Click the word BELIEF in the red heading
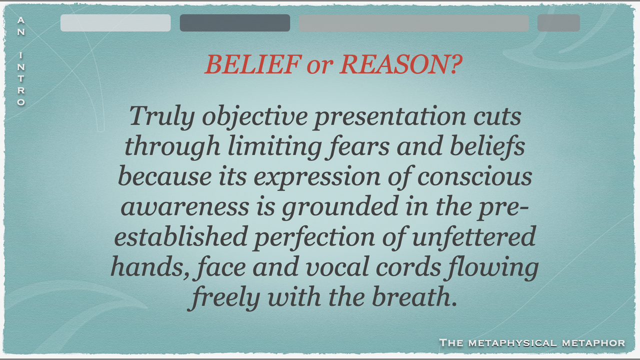(x=253, y=64)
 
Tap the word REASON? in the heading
(x=401, y=64)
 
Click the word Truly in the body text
(x=162, y=117)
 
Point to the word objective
(x=255, y=117)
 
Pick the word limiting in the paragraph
(x=274, y=147)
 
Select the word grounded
(x=340, y=207)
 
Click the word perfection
(x=314, y=237)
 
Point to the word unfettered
(x=473, y=236)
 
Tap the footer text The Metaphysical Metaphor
(x=532, y=342)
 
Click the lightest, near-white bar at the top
(x=115, y=23)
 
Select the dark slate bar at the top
(x=235, y=23)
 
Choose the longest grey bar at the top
(x=413, y=23)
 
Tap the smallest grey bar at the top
(x=558, y=23)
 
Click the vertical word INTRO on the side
(x=21, y=78)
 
